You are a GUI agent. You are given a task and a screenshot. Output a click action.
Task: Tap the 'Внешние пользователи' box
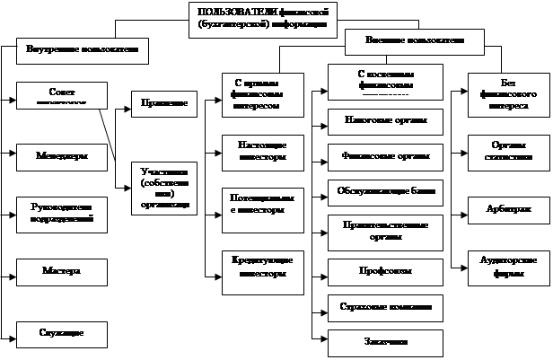click(415, 41)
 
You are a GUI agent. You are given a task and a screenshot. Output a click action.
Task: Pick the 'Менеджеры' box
click(63, 154)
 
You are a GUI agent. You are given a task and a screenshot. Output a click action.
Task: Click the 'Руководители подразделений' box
click(63, 214)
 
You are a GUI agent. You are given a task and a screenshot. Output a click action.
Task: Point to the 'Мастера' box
click(63, 270)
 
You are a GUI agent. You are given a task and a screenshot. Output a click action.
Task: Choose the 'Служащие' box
click(63, 333)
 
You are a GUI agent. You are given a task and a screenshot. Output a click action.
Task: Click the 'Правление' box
click(163, 104)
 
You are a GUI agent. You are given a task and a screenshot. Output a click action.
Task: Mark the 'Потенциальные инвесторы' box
click(261, 204)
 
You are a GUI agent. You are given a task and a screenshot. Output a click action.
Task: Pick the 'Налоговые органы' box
click(385, 119)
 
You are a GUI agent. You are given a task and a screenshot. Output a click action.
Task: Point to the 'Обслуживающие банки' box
click(385, 192)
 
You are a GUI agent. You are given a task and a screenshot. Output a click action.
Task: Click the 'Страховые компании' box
click(385, 307)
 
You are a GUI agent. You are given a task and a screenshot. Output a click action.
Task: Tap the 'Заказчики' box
click(385, 342)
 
